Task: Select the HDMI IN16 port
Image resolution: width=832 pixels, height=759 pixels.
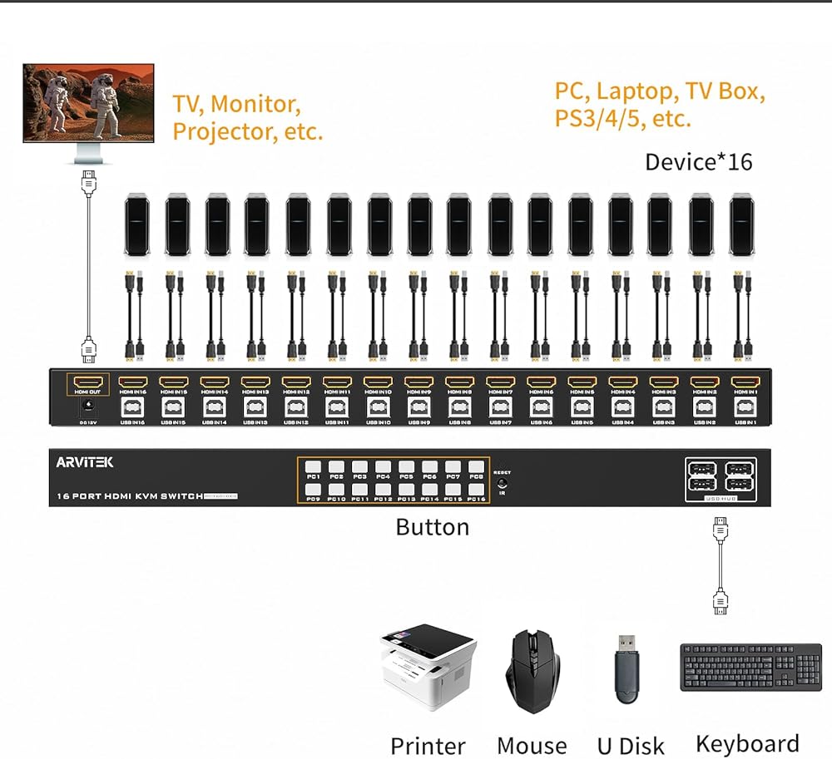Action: pyautogui.click(x=133, y=384)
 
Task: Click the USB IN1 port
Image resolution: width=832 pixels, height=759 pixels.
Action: pyautogui.click(x=744, y=407)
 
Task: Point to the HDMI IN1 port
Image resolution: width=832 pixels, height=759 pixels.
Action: pyautogui.click(x=744, y=384)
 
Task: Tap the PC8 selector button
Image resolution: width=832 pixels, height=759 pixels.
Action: pyautogui.click(x=476, y=466)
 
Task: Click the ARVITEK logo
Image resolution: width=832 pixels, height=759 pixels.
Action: pyautogui.click(x=85, y=462)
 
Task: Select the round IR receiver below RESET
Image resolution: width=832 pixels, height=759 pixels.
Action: pyautogui.click(x=502, y=483)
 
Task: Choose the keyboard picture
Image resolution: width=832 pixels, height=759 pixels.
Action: pyautogui.click(x=750, y=667)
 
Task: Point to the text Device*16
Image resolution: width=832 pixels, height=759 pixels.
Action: pyautogui.click(x=698, y=161)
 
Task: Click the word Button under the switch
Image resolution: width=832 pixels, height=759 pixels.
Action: pyautogui.click(x=432, y=527)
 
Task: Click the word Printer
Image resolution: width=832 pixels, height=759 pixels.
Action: pyautogui.click(x=428, y=746)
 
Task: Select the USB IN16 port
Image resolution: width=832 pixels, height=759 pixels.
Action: pyautogui.click(x=133, y=407)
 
